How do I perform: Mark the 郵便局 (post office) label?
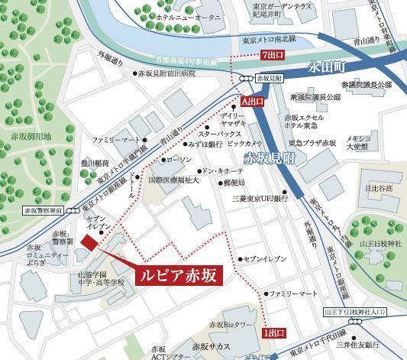point(234,184)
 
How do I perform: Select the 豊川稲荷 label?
point(96,162)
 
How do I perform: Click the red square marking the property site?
point(90,242)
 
